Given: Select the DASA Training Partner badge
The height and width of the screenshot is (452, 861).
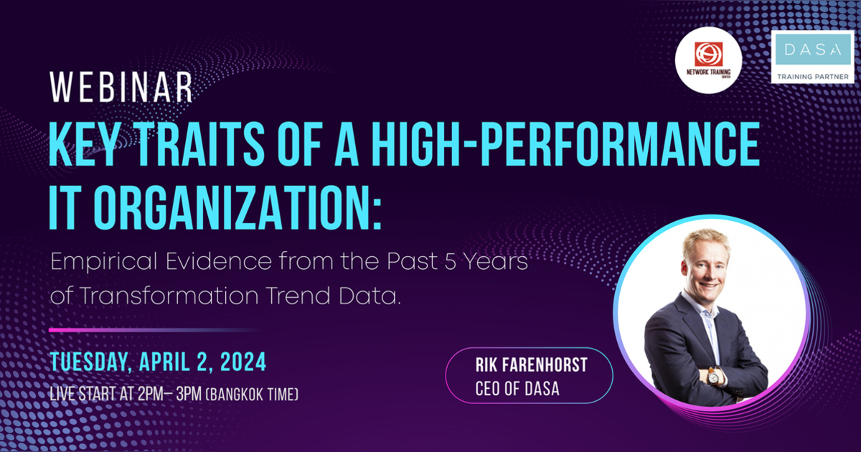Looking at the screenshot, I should pyautogui.click(x=812, y=57).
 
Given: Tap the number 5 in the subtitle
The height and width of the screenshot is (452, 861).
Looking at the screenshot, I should pyautogui.click(x=449, y=262).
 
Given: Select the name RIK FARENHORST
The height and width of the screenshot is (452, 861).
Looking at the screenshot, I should pyautogui.click(x=531, y=365).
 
